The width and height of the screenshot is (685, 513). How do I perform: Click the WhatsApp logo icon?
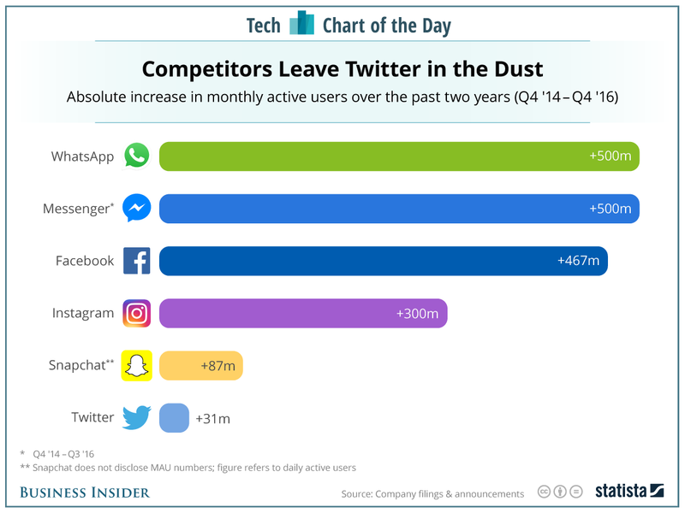tap(137, 156)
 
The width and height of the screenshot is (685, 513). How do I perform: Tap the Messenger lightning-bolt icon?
tap(137, 208)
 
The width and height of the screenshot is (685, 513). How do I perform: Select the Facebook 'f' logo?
tap(137, 261)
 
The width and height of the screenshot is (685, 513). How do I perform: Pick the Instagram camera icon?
tap(137, 313)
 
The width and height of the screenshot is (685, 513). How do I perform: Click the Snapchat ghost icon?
tap(137, 365)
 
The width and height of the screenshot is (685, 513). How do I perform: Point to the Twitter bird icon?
tap(137, 417)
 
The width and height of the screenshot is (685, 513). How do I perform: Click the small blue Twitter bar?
tap(174, 417)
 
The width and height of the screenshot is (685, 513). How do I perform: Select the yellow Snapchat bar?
tap(201, 365)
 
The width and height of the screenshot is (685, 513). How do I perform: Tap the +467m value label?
tap(578, 261)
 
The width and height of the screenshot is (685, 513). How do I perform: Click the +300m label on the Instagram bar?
tap(417, 313)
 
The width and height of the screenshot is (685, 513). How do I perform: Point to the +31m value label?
tap(212, 418)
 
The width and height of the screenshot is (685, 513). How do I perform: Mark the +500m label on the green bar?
tap(610, 156)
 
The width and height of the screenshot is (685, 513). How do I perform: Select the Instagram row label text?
tap(82, 313)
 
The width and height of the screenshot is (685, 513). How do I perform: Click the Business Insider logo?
tap(85, 492)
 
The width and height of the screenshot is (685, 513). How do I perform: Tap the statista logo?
tap(630, 492)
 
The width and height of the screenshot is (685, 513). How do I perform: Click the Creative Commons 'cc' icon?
tap(544, 492)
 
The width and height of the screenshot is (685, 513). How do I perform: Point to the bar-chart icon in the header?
tap(301, 24)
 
